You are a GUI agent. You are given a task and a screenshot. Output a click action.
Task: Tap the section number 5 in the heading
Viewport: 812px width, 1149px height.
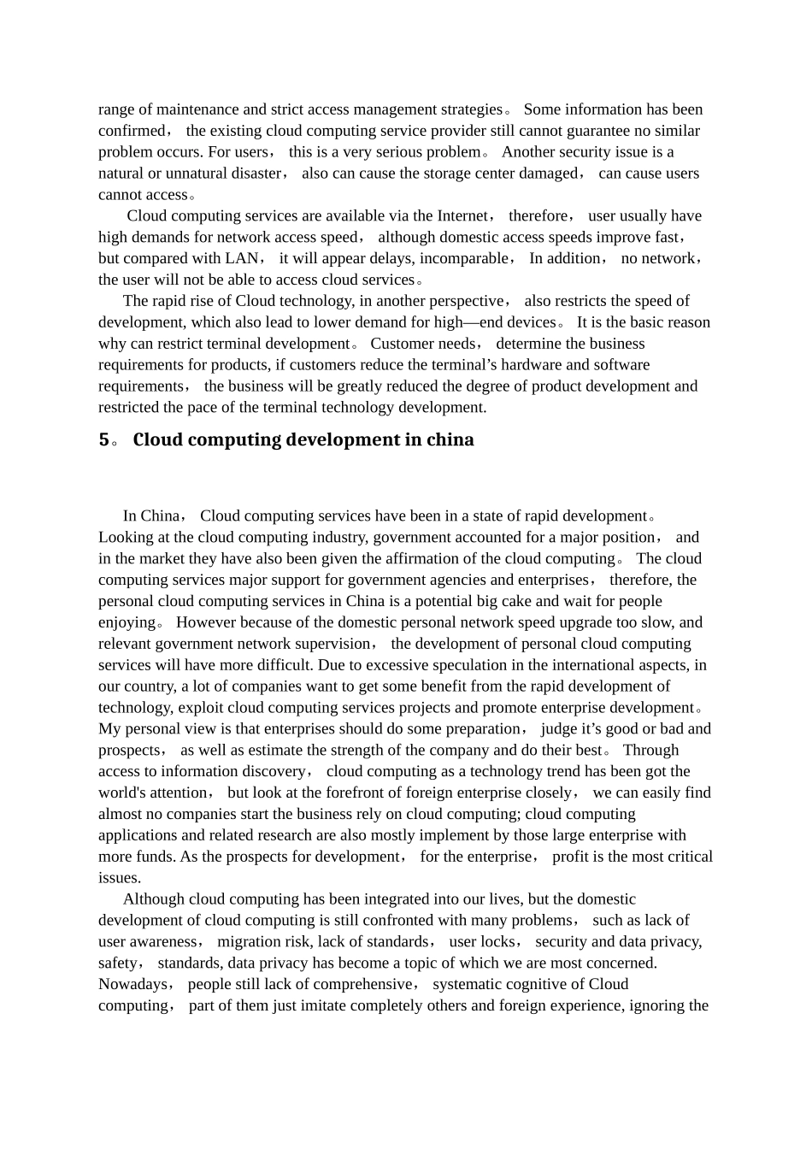[x=103, y=440]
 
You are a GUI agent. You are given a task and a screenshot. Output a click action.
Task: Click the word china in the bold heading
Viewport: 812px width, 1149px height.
[x=450, y=440]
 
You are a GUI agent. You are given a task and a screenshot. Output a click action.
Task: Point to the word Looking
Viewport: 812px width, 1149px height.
[x=123, y=538]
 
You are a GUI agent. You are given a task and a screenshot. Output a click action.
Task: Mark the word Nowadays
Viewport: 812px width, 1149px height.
[x=133, y=985]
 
